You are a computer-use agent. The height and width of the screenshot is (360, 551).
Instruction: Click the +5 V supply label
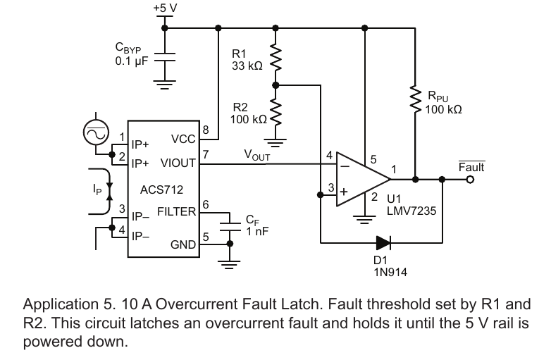click(165, 8)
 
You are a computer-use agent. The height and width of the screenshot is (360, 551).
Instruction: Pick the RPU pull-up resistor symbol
click(415, 99)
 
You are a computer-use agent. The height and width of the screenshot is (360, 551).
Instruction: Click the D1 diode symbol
click(383, 242)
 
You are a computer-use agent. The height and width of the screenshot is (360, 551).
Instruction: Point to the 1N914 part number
click(390, 272)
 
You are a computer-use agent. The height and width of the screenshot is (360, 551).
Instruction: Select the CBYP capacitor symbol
click(164, 57)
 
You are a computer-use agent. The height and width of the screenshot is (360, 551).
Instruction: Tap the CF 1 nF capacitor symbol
click(230, 226)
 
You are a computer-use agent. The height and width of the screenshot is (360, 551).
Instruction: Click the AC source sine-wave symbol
click(96, 132)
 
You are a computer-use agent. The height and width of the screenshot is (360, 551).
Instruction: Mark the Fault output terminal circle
click(470, 180)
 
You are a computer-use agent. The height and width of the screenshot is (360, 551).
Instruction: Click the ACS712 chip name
click(161, 190)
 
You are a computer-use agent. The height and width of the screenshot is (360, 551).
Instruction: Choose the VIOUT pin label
click(178, 163)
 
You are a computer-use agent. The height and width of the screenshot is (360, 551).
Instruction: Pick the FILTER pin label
click(176, 211)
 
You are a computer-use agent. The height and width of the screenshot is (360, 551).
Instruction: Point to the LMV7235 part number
click(411, 211)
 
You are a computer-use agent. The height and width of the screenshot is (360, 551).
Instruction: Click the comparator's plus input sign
click(344, 192)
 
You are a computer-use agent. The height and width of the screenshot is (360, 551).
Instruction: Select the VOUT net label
click(257, 155)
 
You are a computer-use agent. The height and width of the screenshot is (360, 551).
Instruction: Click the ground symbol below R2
click(275, 142)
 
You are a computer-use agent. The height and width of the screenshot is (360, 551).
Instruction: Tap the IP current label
click(97, 190)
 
